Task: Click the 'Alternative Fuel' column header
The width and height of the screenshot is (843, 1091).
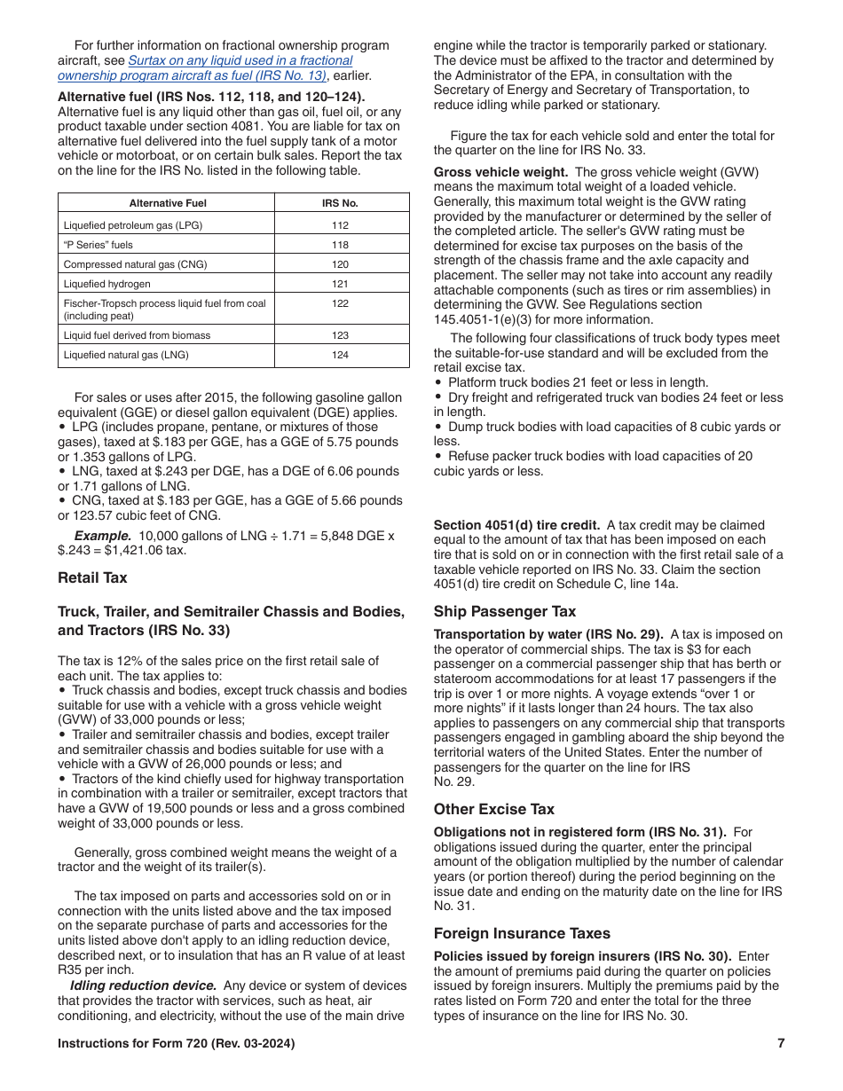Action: pos(167,203)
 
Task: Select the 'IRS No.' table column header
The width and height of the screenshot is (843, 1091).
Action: pos(340,203)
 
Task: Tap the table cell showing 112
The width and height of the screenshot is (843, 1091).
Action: pos(340,225)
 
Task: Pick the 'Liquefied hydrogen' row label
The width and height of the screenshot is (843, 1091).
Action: pos(107,284)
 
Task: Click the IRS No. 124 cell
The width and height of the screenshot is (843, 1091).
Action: pos(340,355)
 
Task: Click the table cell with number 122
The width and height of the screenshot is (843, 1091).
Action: pos(340,303)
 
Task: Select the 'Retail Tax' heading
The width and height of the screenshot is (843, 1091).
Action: pos(92,577)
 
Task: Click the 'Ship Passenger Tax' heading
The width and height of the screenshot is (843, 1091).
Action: pos(504,611)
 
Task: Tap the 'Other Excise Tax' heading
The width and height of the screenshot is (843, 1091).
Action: pos(493,809)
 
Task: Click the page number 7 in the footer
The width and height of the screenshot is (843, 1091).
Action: pos(781,1043)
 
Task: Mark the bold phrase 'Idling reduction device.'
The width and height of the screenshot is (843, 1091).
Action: pos(144,985)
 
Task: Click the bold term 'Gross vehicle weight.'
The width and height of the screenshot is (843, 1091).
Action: pos(500,172)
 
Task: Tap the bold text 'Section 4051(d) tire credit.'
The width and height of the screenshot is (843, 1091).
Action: pos(516,525)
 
